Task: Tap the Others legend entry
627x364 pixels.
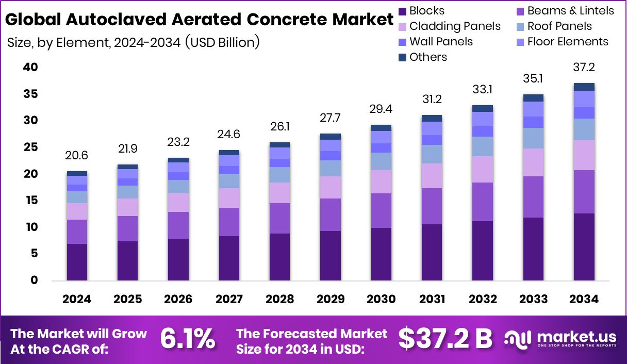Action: click(x=422, y=57)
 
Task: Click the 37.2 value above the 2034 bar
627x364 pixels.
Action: click(x=584, y=68)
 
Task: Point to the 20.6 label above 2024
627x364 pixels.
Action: click(x=77, y=156)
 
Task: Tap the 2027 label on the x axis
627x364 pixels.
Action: click(x=228, y=300)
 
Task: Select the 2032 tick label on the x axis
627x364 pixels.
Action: click(x=483, y=300)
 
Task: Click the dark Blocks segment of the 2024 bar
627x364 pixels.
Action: click(x=77, y=262)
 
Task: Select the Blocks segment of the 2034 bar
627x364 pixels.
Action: click(x=584, y=246)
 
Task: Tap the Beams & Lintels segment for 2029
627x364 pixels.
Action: click(x=330, y=214)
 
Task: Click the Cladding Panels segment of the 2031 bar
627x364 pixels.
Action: click(x=432, y=176)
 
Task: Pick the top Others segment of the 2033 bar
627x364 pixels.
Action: click(x=533, y=98)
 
